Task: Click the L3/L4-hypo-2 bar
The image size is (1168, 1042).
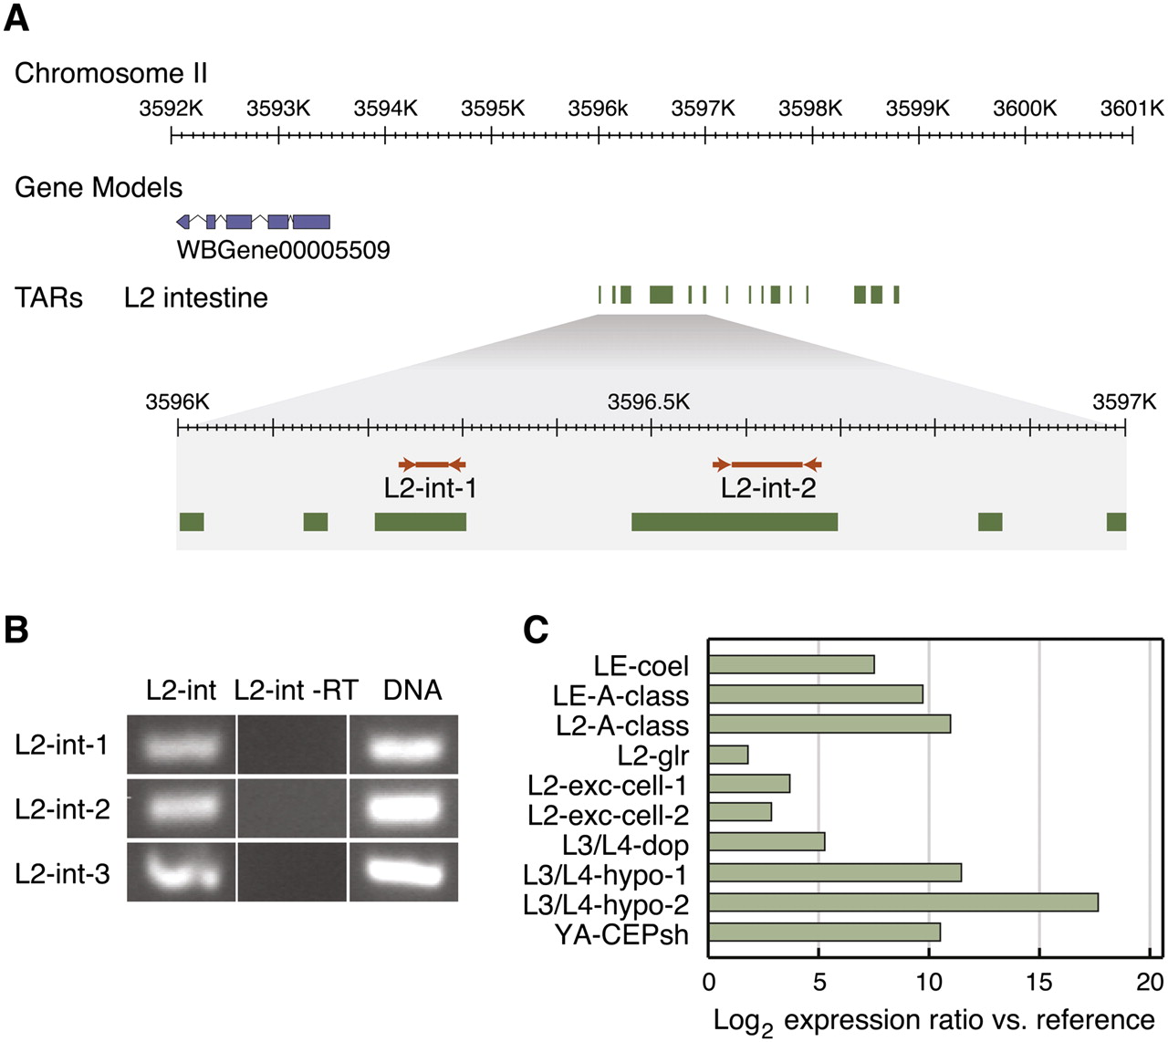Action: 902,903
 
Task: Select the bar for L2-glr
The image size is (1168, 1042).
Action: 728,755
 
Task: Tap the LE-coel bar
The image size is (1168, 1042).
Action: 791,664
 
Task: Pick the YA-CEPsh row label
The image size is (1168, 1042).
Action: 621,934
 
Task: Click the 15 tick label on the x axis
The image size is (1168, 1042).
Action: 1038,982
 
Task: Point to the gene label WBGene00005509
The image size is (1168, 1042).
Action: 283,249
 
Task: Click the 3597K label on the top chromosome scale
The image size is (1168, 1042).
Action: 704,109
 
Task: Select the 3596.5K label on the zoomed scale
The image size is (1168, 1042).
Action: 649,402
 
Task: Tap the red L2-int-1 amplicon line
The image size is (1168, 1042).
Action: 433,464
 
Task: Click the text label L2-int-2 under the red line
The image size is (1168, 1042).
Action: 768,488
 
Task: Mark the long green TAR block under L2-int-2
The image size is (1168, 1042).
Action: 735,522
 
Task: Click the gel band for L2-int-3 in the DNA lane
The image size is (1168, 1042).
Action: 403,870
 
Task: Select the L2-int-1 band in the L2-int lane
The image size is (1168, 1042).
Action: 181,745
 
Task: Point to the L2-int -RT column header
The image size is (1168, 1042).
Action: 296,690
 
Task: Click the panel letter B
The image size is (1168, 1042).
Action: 16,630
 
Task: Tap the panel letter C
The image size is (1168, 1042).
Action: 536,630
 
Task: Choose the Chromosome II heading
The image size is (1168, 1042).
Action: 111,73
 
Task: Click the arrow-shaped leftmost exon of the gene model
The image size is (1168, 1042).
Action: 183,222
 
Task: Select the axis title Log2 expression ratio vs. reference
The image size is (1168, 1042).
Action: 933,1020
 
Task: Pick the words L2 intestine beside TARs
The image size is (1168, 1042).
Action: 196,297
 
